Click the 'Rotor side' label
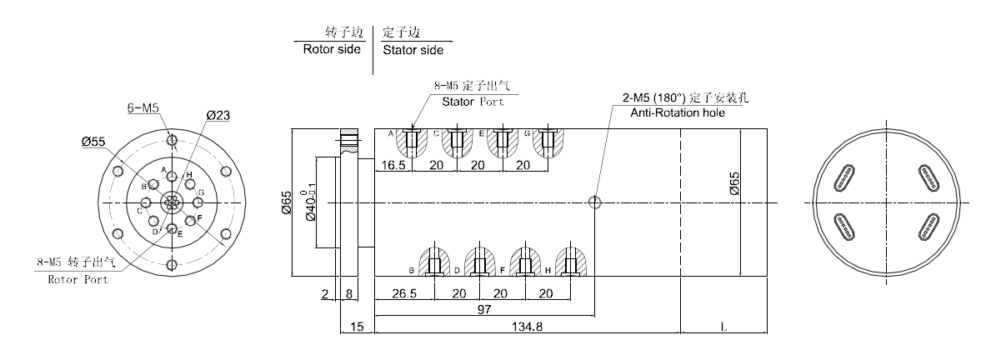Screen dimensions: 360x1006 point(332,49)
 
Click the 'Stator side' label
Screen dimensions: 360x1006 point(413,50)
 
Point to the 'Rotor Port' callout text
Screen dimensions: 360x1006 point(77,279)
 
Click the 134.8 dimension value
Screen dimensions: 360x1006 point(527,327)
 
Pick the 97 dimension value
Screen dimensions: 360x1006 point(483,309)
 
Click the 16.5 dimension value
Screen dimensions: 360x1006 point(394,165)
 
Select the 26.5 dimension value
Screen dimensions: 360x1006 point(403,293)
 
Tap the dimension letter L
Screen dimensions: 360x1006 point(723,327)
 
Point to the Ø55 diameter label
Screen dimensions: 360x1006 point(93,142)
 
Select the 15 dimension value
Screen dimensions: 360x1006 point(357,327)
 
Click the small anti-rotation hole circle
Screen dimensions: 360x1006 point(593,202)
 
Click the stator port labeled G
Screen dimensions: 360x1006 point(548,142)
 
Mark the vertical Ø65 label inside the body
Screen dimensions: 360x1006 point(733,183)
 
